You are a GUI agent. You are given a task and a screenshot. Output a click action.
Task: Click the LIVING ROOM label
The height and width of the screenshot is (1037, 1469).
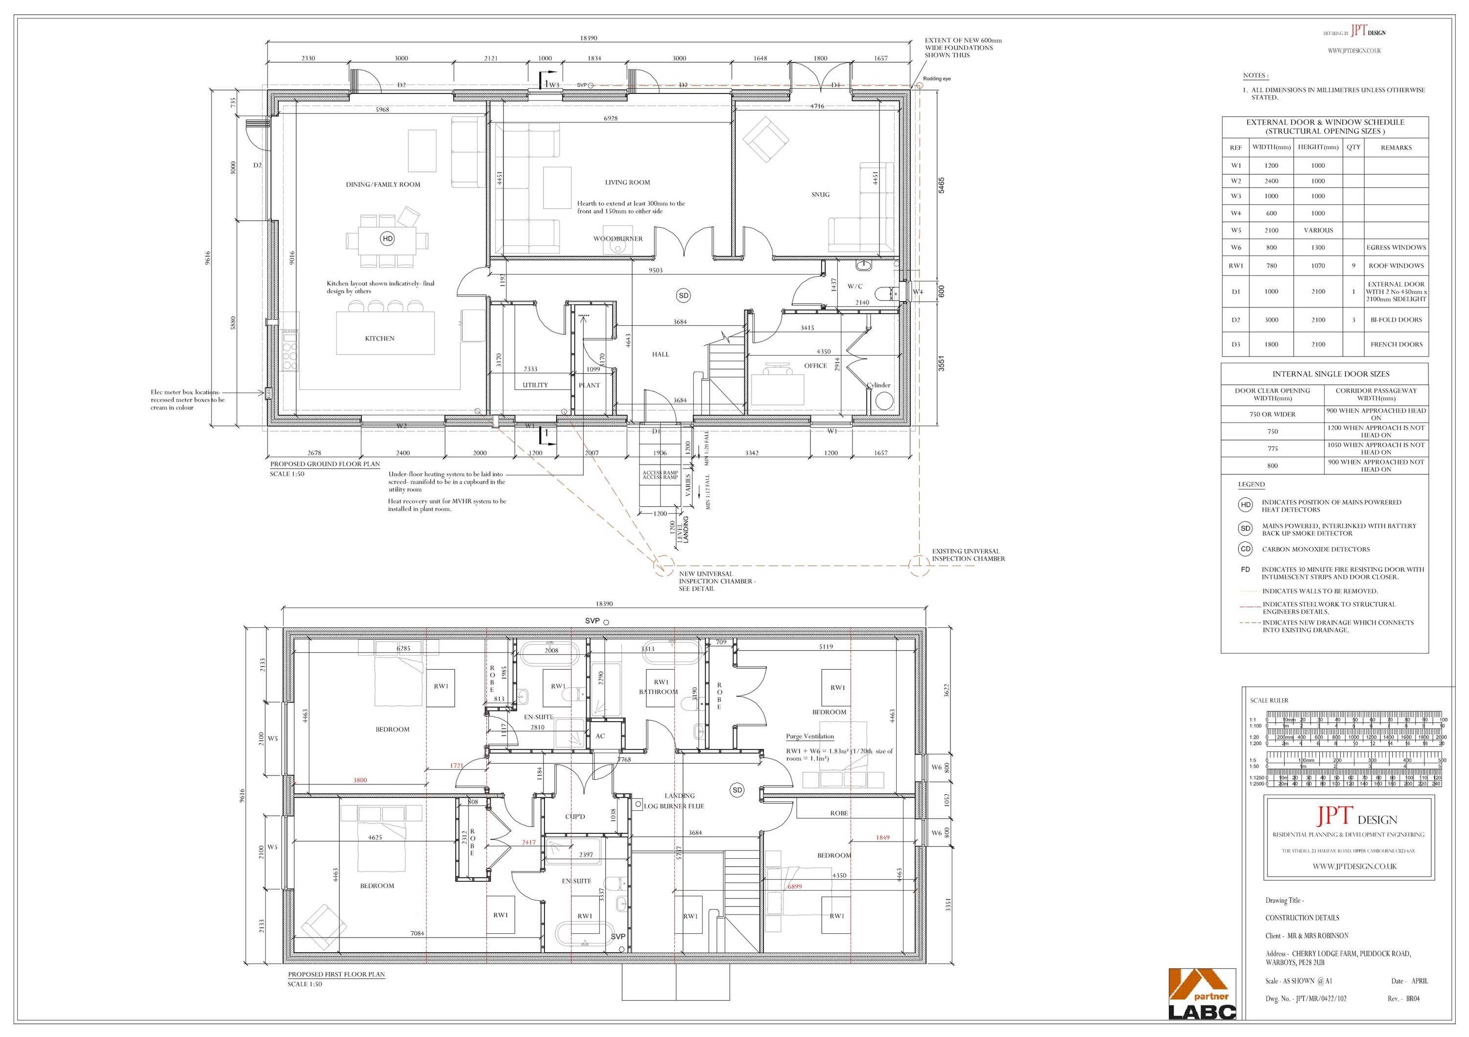click(x=627, y=182)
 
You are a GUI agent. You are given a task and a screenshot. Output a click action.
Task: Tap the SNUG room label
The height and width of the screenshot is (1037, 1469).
click(x=820, y=194)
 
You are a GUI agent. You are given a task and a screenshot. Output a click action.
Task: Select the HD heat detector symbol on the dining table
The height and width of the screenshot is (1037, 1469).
click(x=387, y=238)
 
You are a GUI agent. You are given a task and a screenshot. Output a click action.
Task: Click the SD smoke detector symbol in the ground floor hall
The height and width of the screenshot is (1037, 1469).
click(x=683, y=296)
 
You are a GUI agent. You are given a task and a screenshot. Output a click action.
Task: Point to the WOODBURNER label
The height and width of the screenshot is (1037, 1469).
click(x=617, y=238)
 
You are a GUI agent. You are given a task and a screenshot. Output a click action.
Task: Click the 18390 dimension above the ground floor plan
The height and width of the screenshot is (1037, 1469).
click(x=588, y=38)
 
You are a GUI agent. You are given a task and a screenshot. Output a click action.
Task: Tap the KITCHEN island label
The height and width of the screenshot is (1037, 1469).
click(x=379, y=338)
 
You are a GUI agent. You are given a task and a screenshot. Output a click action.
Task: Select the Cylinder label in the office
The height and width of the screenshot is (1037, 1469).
click(x=878, y=385)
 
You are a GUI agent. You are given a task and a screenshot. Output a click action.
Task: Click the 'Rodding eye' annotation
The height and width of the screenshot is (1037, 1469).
click(x=937, y=79)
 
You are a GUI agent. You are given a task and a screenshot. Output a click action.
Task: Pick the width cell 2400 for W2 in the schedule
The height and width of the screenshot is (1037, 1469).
click(x=1271, y=181)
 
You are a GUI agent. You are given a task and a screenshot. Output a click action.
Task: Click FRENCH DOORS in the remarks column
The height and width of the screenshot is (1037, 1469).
click(x=1396, y=344)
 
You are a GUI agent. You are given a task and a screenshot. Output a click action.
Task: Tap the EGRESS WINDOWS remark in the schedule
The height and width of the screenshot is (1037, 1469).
click(x=1396, y=248)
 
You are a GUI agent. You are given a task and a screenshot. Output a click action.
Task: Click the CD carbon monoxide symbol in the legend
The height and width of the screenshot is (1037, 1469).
click(x=1245, y=549)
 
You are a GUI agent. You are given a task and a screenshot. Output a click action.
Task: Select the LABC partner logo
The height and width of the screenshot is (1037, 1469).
click(x=1202, y=995)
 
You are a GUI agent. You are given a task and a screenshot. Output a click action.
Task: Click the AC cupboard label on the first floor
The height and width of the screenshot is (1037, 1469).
click(x=600, y=736)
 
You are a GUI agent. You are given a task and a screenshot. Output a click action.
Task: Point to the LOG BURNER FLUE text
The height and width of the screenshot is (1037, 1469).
click(x=674, y=806)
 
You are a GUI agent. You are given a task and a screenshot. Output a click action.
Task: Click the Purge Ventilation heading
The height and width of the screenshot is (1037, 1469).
click(x=809, y=736)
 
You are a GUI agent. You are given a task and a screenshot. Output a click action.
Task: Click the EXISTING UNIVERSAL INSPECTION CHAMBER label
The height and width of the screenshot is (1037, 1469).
click(x=968, y=555)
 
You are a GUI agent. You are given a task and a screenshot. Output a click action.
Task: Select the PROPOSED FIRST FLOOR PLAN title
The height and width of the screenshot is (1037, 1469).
click(x=336, y=974)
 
